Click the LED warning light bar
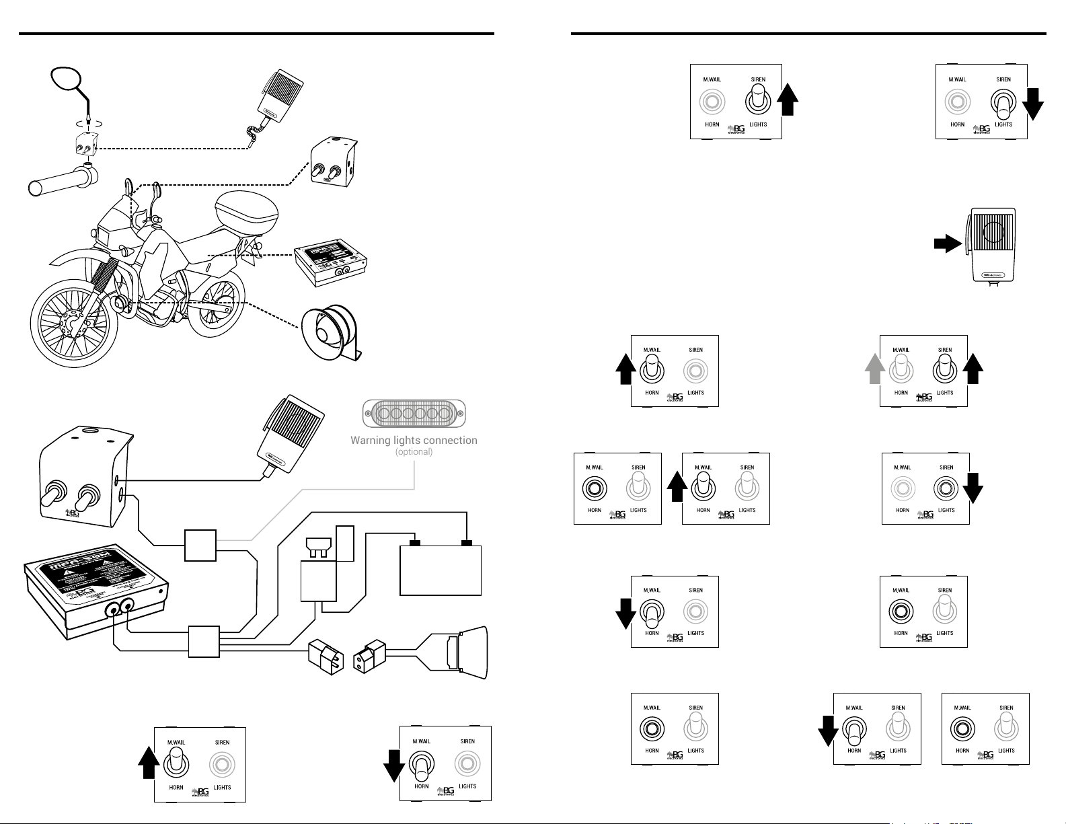tap(414, 414)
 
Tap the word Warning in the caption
tap(370, 441)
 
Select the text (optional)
tap(414, 452)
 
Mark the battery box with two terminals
tap(441, 570)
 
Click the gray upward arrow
tap(874, 369)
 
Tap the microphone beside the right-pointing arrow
tap(993, 245)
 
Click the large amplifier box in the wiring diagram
tap(94, 585)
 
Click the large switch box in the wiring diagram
tap(81, 478)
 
